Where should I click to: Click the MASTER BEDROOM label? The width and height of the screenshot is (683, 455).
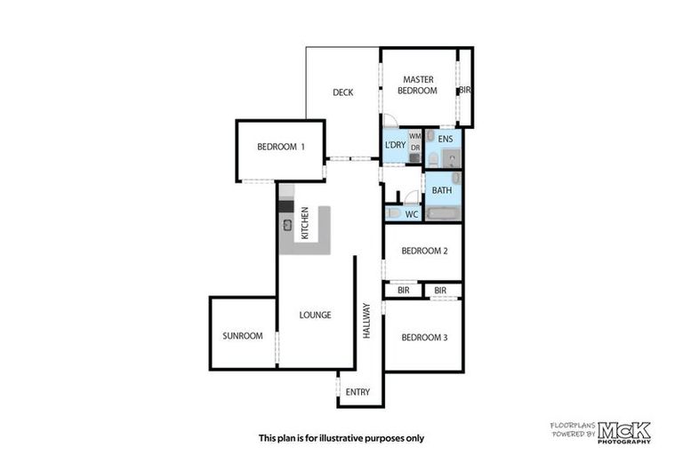(x=417, y=85)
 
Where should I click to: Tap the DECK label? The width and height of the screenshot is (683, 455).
(x=344, y=92)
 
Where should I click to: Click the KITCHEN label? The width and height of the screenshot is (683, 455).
(x=305, y=223)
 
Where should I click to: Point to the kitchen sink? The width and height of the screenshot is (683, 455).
(x=288, y=226)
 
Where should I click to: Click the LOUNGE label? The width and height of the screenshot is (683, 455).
(x=315, y=315)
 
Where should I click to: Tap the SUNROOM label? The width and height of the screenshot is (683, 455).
(x=243, y=336)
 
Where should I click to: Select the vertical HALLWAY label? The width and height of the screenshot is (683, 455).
(x=366, y=320)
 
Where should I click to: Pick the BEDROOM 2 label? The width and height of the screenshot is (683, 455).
(x=424, y=251)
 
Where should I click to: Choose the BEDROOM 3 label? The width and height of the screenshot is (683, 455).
(x=423, y=337)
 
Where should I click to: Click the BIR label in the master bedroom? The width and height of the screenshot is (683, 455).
(x=465, y=91)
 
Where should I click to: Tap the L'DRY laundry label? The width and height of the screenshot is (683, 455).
(x=394, y=145)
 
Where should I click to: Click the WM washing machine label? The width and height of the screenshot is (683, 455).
(x=414, y=136)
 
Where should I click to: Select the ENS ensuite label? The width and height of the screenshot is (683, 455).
(x=445, y=140)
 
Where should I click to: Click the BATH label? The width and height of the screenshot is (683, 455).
(x=442, y=190)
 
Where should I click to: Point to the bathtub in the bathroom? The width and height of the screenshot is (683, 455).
(x=442, y=213)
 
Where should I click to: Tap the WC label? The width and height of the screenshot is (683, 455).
(x=411, y=215)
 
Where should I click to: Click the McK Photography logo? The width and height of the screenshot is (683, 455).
(x=623, y=432)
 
